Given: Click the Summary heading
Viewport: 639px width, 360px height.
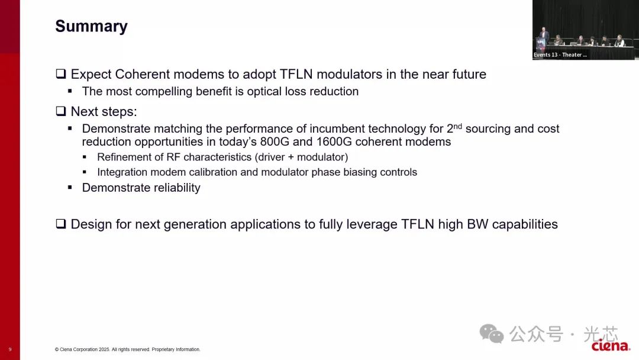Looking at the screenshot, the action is (x=91, y=27).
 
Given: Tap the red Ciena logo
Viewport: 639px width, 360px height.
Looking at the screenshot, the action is (x=611, y=346).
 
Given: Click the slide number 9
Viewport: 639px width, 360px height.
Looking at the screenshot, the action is (x=10, y=349).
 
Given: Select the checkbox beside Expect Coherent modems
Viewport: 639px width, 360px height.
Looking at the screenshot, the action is (x=61, y=74).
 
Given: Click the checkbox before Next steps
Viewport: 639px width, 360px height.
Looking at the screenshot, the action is (x=61, y=111).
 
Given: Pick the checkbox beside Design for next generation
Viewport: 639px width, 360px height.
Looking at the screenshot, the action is (x=61, y=224).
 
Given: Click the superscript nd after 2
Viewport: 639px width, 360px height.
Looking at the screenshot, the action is (x=457, y=126).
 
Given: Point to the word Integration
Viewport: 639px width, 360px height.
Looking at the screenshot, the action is (x=122, y=172).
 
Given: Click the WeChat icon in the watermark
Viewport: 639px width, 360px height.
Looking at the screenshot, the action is (x=492, y=333).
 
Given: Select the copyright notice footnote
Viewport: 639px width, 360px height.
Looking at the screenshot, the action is (x=128, y=349).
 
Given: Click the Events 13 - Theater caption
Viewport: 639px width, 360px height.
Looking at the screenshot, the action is (x=560, y=54).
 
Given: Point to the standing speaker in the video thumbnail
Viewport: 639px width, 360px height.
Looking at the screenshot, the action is (x=543, y=36).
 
